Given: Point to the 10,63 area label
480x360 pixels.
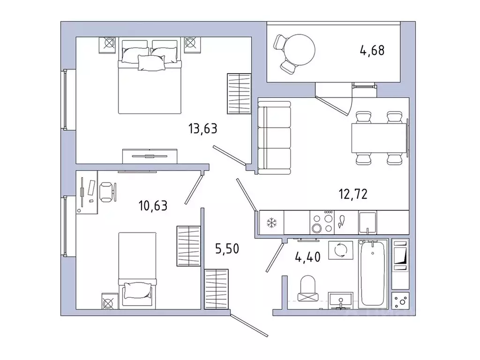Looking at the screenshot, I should click(153, 205).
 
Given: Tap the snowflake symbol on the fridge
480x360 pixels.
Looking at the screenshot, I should click(272, 223).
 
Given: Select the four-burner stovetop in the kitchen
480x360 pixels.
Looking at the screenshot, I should click(322, 223).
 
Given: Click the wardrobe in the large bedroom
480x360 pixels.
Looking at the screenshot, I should click(239, 93).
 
